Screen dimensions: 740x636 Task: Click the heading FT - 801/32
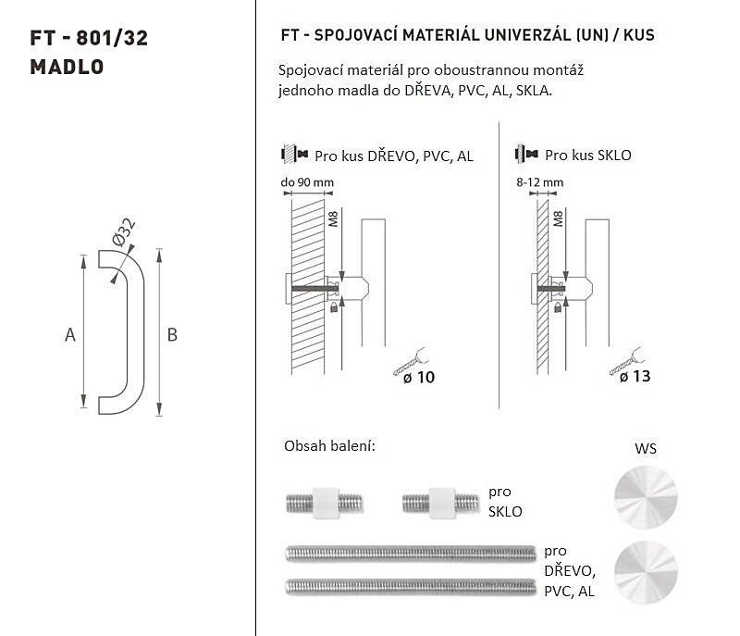coord(89,38)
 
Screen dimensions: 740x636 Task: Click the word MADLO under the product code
coord(67,67)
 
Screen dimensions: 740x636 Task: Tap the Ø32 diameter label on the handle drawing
coord(124,231)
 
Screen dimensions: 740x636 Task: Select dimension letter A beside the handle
coord(70,335)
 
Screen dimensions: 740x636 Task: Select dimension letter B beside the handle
coord(172,335)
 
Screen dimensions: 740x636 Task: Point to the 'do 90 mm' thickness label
coord(307,182)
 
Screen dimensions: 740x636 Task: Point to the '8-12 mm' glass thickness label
coord(539,182)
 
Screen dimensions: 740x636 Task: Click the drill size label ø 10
coord(419,378)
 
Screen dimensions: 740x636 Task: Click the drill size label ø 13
coord(635,376)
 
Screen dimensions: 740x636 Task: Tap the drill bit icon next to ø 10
coord(410,362)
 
